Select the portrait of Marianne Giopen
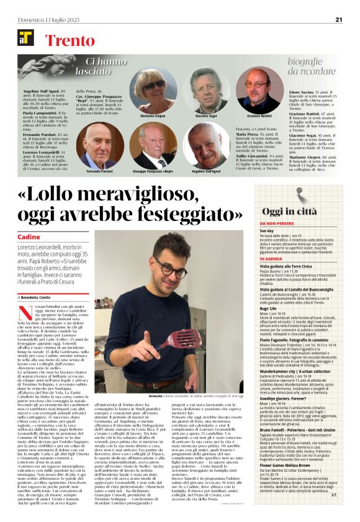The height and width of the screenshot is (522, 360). pos(152,90)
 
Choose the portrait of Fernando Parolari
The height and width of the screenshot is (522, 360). pos(101,145)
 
